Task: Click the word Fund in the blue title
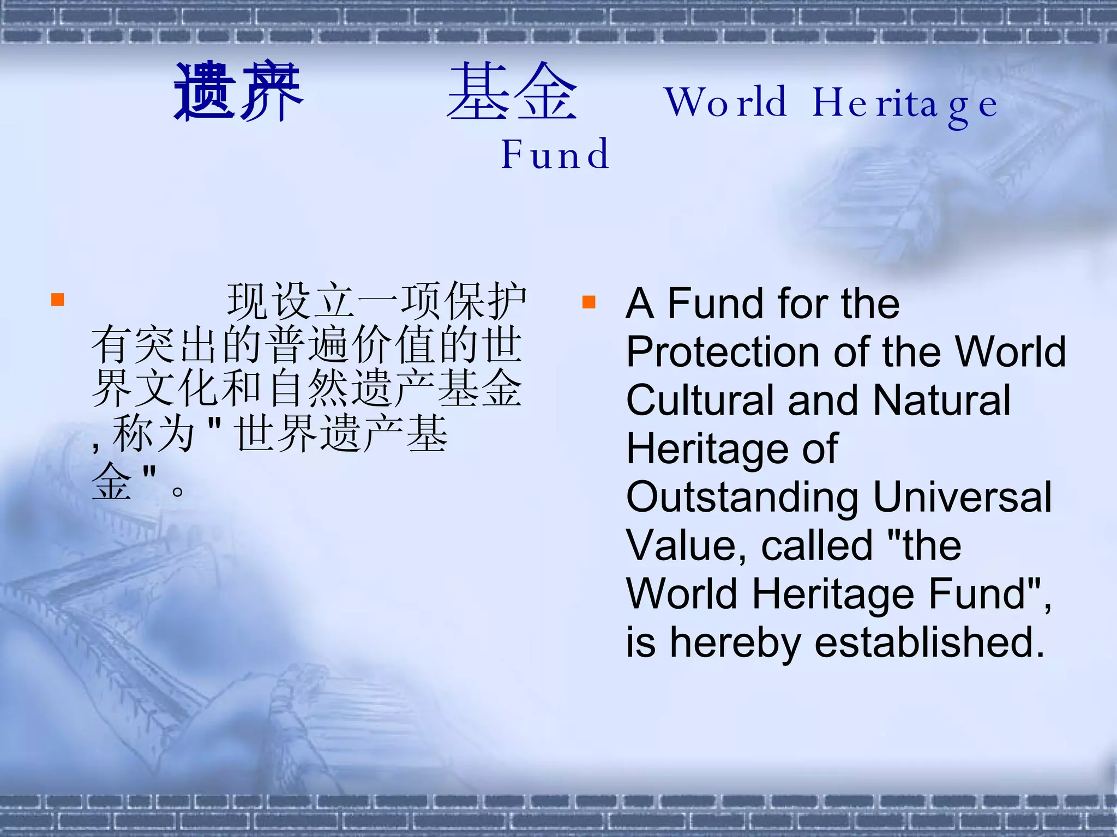555,154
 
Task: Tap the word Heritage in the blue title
905,104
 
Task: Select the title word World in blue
725,102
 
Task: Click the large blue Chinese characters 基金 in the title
512,92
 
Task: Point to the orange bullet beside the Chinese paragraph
58,300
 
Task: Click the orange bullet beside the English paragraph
588,302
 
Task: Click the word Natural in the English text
942,401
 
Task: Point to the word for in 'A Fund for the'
804,304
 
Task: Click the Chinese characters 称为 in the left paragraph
154,434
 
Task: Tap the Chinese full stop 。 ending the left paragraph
177,491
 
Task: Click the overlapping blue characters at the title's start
238,92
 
